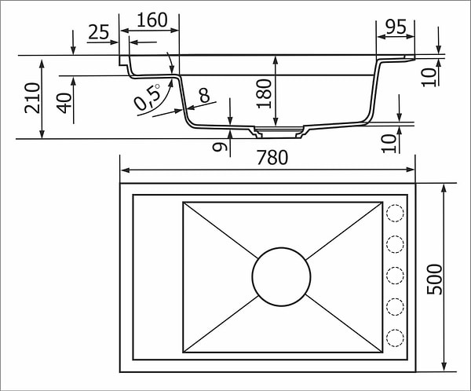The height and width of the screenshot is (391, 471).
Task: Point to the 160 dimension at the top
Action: [x=152, y=20]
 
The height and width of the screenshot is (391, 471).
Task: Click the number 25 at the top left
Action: [x=98, y=32]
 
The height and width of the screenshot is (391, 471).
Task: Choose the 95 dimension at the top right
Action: [x=396, y=27]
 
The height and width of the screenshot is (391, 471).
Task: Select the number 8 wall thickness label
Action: [x=204, y=96]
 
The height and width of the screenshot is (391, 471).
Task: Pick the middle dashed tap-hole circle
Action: [x=395, y=276]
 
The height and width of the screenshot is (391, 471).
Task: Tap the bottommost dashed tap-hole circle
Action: [x=395, y=338]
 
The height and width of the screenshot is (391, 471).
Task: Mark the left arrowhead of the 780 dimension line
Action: [x=123, y=170]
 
